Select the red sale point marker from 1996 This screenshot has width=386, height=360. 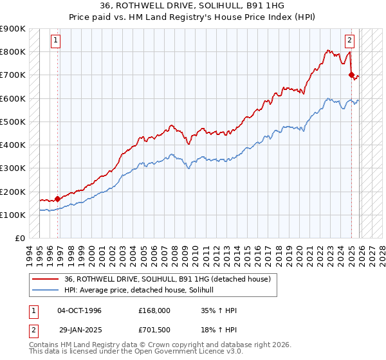pyautogui.click(x=58, y=199)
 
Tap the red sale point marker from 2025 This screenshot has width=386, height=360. pyautogui.click(x=351, y=75)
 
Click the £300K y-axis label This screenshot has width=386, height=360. pyautogui.click(x=13, y=168)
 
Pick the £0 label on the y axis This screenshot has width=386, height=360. pyautogui.click(x=20, y=239)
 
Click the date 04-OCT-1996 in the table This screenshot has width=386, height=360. pyautogui.click(x=79, y=310)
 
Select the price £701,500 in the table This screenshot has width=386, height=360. pyautogui.click(x=154, y=330)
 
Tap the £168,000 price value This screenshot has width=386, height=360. pyautogui.click(x=154, y=310)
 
